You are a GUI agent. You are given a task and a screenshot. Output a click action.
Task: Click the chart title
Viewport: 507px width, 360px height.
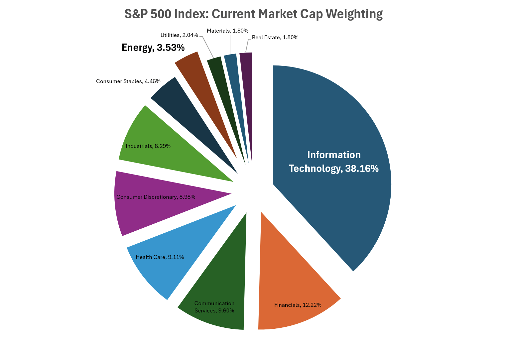(x=253, y=14)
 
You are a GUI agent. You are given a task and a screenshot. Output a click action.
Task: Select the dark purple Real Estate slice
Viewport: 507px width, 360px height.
(x=247, y=90)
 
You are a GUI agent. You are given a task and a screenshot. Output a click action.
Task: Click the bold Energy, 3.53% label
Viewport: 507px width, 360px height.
(x=153, y=48)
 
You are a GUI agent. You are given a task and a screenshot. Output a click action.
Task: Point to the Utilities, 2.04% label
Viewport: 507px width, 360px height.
(x=179, y=35)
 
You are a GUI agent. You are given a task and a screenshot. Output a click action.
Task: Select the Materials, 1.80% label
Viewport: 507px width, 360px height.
(x=227, y=31)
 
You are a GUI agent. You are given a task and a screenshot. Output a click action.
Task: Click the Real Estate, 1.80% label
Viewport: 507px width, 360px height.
(x=275, y=37)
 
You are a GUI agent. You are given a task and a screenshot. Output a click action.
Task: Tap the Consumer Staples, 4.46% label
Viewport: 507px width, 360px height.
(x=128, y=81)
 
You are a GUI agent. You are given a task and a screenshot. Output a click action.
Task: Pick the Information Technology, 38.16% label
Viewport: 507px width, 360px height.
(x=334, y=162)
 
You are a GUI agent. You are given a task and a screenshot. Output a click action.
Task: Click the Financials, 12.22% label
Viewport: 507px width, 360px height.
(x=298, y=305)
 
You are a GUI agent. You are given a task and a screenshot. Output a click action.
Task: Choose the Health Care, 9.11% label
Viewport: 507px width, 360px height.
(x=160, y=257)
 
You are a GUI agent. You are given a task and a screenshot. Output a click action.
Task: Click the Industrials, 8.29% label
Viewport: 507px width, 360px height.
(x=148, y=146)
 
